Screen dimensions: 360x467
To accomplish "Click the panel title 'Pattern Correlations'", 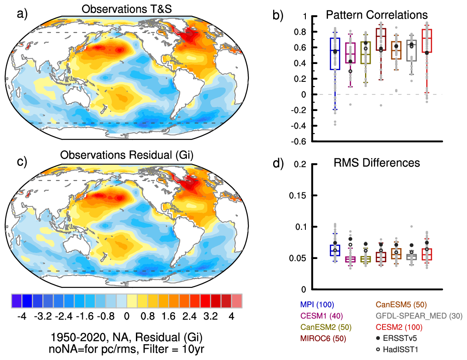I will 377,15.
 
